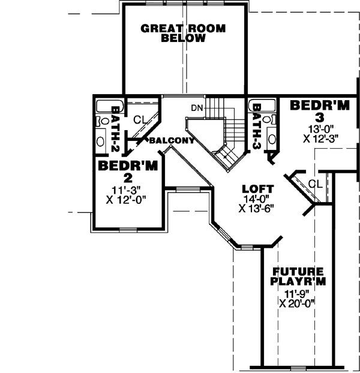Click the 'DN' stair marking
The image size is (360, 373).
pos(197,108)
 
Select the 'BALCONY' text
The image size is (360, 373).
pos(172,141)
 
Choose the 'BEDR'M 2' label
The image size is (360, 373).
pos(128,172)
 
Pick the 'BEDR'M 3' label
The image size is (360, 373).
pos(319,112)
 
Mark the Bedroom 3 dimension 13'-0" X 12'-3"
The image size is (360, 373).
pos(320,133)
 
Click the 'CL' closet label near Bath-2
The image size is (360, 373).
pos(140,119)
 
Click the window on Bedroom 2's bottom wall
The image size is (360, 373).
pos(128,230)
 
